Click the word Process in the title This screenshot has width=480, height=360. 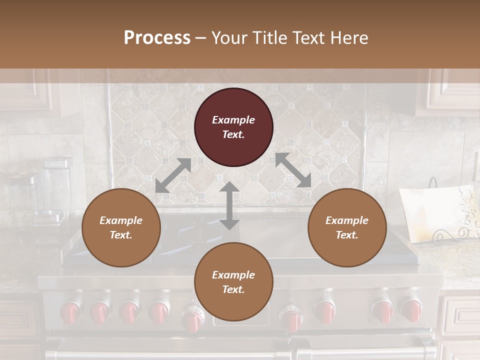[x=157, y=38]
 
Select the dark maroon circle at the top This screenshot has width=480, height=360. [x=233, y=127]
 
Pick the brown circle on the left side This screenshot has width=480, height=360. [x=121, y=227]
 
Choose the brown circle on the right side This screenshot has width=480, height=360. [x=346, y=227]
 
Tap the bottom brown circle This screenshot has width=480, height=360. [x=233, y=281]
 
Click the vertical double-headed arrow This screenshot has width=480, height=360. [x=229, y=205]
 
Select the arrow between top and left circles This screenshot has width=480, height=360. [x=173, y=175]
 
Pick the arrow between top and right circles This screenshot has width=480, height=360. [x=293, y=170]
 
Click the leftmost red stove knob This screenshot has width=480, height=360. [x=70, y=312]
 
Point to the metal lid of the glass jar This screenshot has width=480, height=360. [x=57, y=163]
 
